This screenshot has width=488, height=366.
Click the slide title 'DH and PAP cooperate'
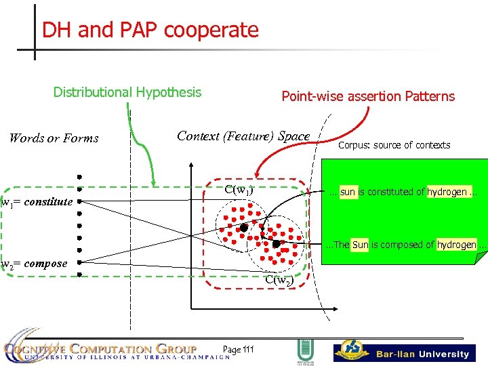tap(150, 30)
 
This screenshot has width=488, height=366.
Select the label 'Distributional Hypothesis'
tap(127, 92)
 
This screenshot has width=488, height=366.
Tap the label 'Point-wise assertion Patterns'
tap(368, 96)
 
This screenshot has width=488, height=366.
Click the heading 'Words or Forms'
tap(54, 138)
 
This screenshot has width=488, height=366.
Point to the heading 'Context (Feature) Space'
tap(243, 136)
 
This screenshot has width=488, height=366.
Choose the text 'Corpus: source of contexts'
tap(394, 145)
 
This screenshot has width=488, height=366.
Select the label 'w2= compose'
tap(35, 264)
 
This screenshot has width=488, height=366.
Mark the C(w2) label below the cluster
tap(279, 279)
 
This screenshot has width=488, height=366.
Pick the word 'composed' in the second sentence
tap(407, 244)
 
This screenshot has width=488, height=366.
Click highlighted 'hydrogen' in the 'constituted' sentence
tap(447, 192)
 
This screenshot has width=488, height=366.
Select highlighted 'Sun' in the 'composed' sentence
tap(360, 244)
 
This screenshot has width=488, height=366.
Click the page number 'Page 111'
tap(238, 349)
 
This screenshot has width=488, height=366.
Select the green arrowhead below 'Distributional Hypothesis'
tap(155, 182)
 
